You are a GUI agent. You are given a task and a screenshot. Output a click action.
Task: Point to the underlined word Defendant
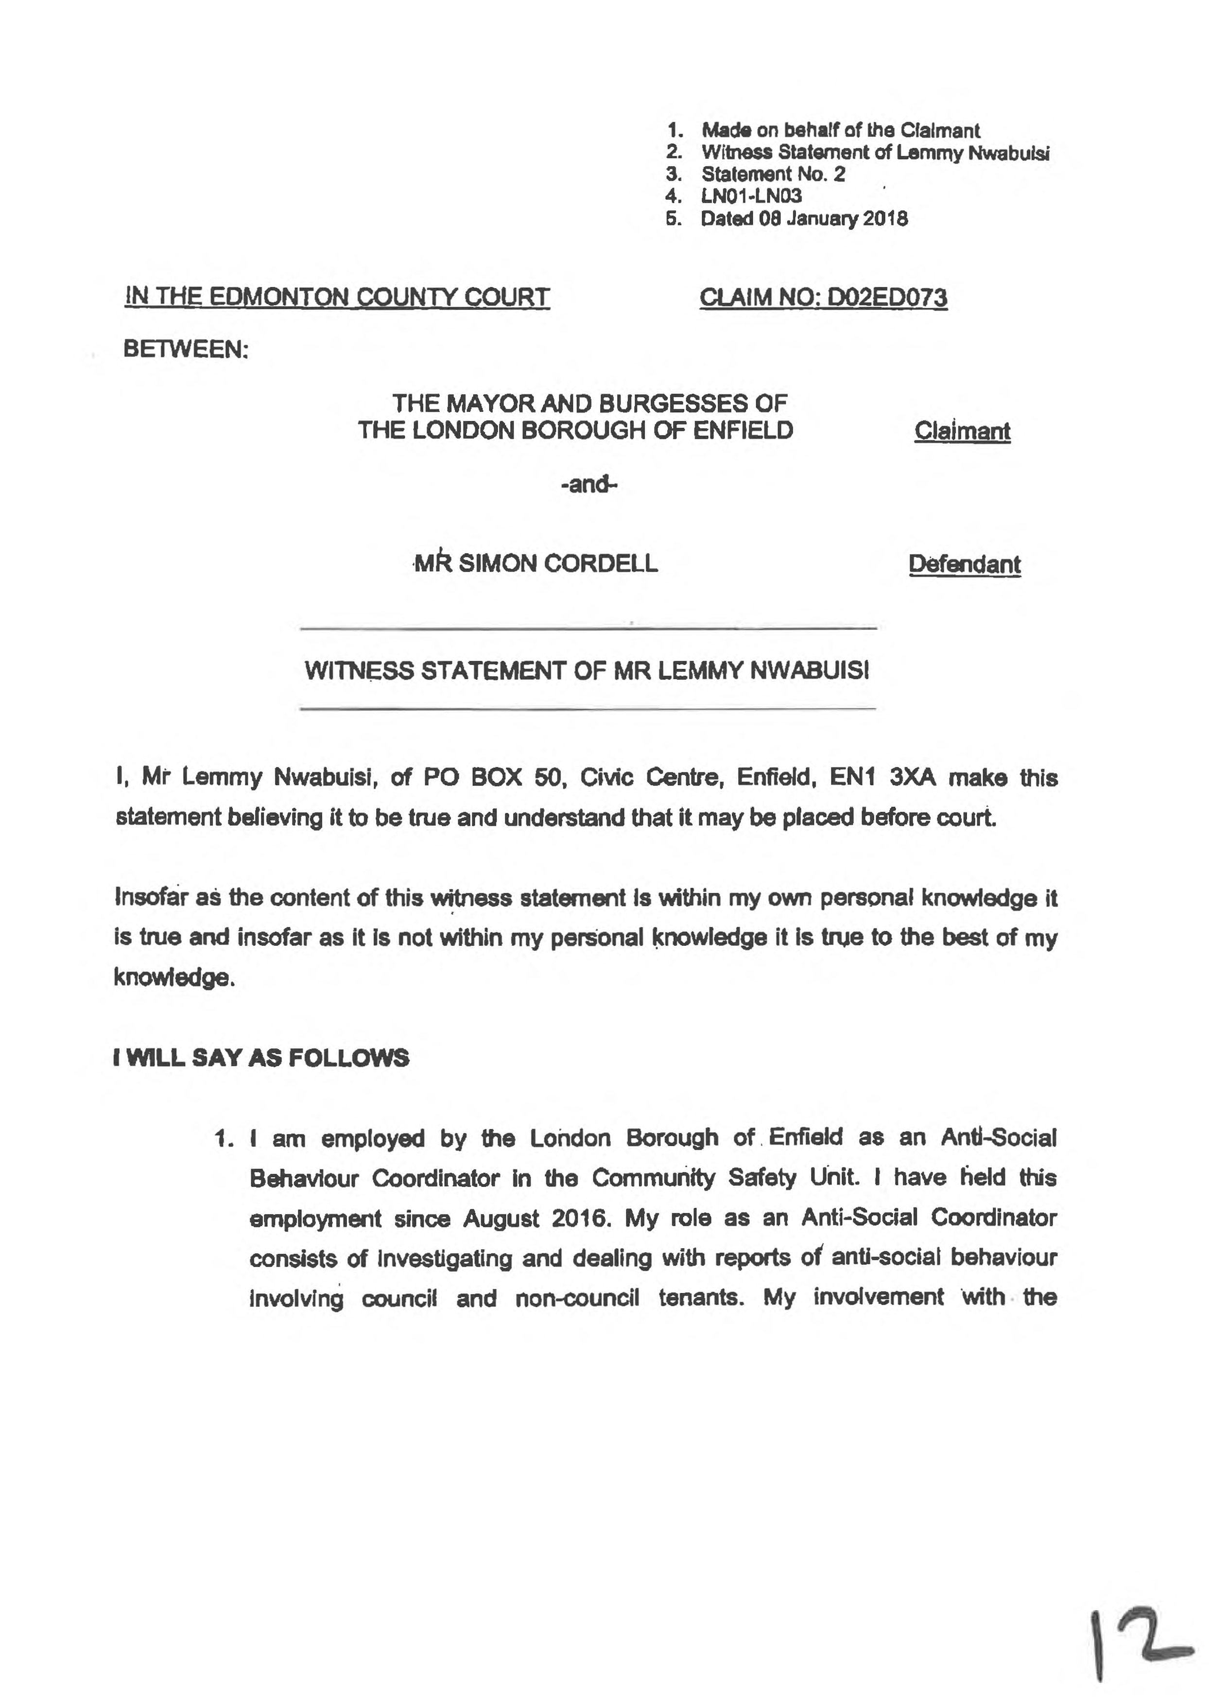click(964, 564)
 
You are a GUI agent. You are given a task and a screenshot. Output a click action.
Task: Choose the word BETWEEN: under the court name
click(185, 349)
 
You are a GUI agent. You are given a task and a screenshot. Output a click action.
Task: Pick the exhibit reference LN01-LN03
click(751, 196)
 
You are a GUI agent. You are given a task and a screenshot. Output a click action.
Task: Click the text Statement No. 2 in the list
click(773, 174)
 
